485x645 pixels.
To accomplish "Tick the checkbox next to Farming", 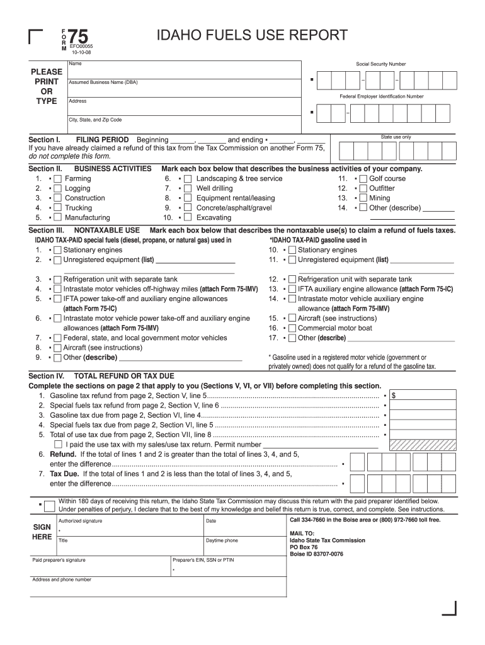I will [x=58, y=179].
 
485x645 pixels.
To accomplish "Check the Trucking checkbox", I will [x=58, y=208].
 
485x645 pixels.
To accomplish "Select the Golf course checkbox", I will [x=363, y=179].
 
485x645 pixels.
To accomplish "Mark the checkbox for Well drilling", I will [x=188, y=188].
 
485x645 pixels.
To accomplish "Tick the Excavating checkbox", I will [x=188, y=218].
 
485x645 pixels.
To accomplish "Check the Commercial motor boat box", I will [x=292, y=328].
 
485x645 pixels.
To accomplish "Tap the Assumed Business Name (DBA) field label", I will [x=103, y=83].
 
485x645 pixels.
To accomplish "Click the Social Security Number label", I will [x=380, y=64].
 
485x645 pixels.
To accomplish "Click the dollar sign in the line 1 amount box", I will [x=394, y=396].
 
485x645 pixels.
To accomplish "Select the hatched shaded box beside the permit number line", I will [x=423, y=445].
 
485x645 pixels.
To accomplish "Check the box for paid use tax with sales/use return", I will [x=58, y=445].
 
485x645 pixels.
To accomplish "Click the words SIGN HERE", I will [x=42, y=532].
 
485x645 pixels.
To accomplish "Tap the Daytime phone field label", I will [x=222, y=540].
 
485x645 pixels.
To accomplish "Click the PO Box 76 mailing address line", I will [x=305, y=547].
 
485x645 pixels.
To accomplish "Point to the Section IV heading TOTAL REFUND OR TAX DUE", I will [x=124, y=376].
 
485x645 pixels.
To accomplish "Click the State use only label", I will [x=396, y=137].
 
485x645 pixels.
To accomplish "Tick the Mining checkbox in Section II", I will [x=363, y=198].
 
